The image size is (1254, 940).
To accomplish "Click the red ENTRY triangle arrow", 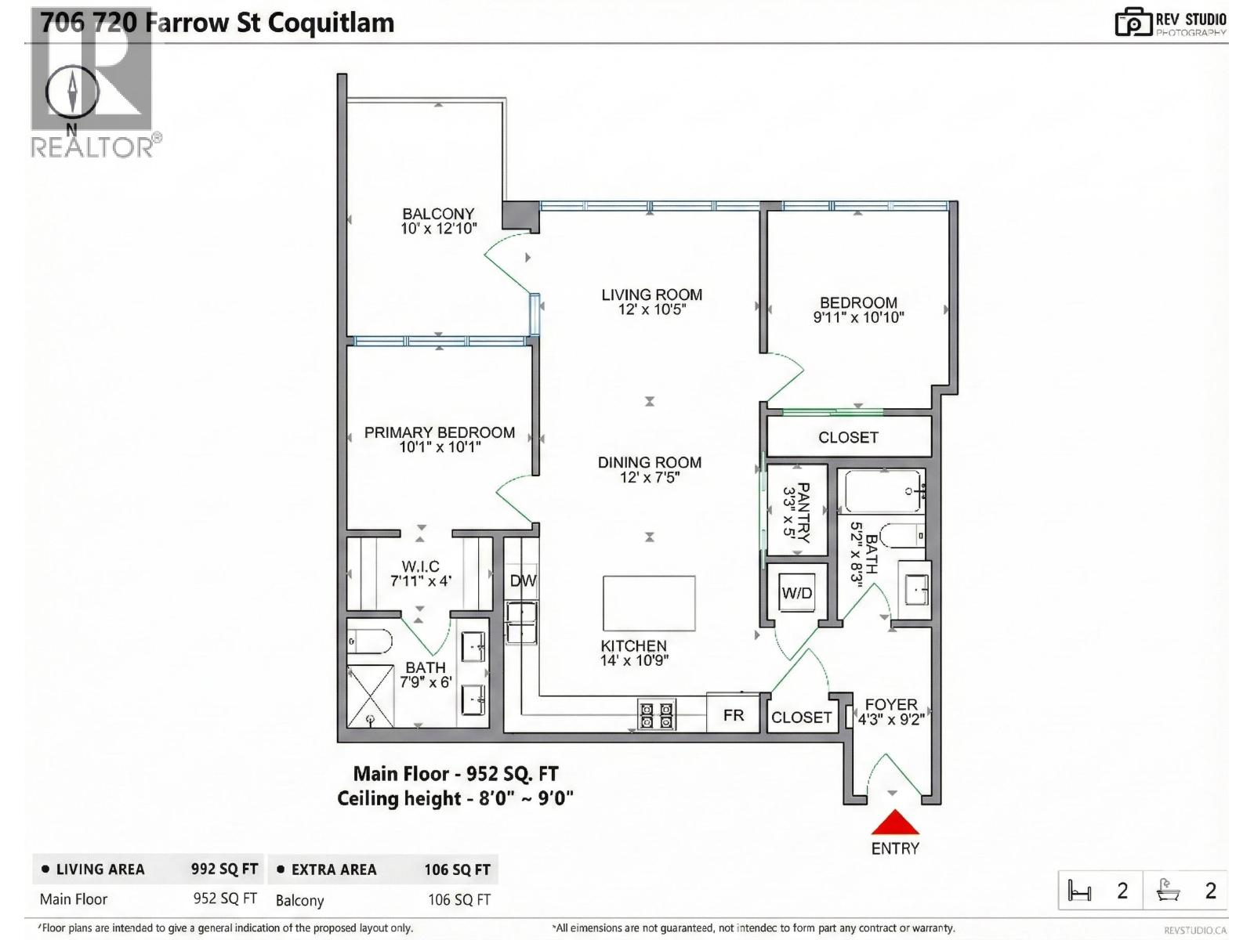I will click(x=894, y=823).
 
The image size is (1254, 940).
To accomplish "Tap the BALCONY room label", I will click(x=438, y=214).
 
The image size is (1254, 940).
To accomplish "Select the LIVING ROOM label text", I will click(x=651, y=295).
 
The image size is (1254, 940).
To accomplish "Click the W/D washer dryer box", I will click(x=797, y=593).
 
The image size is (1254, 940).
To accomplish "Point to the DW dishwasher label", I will click(x=523, y=580).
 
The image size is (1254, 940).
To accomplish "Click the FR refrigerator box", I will click(x=733, y=714).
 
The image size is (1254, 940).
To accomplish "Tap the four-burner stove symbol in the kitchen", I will click(x=656, y=714).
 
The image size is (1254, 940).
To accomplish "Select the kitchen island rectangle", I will click(x=649, y=603).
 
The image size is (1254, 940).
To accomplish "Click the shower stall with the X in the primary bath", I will click(x=370, y=696).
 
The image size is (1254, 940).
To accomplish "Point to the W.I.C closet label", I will click(x=420, y=566).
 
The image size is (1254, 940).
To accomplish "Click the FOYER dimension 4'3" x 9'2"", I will click(x=891, y=719).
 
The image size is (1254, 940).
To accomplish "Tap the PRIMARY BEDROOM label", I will click(x=439, y=432).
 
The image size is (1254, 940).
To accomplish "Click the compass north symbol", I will click(x=72, y=92).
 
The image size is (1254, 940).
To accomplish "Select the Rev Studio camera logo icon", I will click(x=1133, y=22).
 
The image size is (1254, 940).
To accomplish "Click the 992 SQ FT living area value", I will click(x=224, y=869).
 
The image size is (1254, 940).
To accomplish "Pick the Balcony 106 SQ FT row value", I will click(x=458, y=900).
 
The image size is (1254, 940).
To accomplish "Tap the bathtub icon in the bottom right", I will click(x=1168, y=891).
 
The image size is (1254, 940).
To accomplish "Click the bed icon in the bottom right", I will click(x=1080, y=891).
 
